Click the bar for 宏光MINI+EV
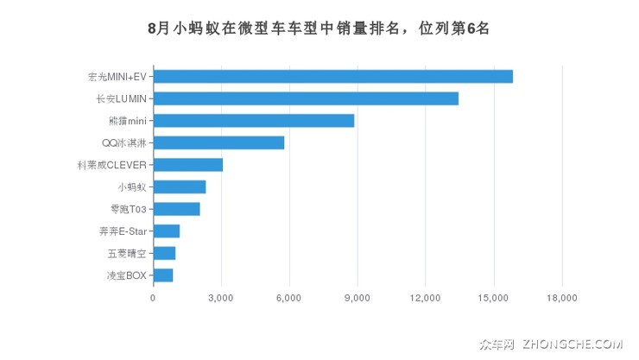[332, 76]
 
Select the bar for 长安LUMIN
[306, 98]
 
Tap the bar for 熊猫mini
[253, 120]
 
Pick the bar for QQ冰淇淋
[218, 142]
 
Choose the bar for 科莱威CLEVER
[187, 165]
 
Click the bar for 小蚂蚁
[179, 186]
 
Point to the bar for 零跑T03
[176, 209]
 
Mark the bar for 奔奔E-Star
[166, 231]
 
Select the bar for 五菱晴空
[164, 253]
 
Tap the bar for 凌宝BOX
[162, 275]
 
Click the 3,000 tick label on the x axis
[221, 298]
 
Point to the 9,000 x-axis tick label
[357, 298]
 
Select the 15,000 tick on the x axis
[493, 298]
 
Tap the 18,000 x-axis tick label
[561, 298]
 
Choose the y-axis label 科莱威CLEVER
[112, 165]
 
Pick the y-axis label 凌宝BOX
[127, 275]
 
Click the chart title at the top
[319, 28]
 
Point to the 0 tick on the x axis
[153, 298]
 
